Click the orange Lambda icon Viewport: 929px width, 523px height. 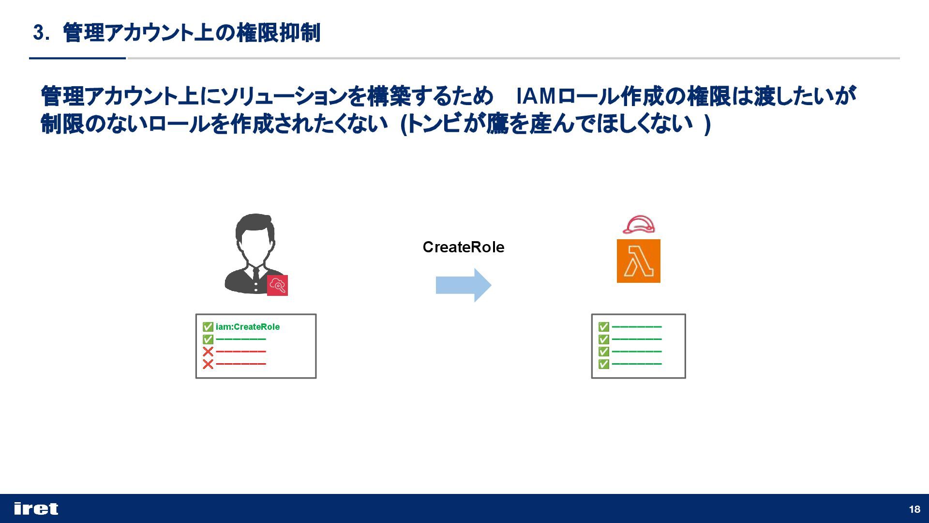coord(638,261)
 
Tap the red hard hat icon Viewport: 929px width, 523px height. coord(639,225)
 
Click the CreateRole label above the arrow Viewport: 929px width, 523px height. coord(463,247)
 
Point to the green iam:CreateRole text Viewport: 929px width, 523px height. coord(248,327)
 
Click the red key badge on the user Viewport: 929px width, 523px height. coord(277,285)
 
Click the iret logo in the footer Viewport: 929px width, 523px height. coord(36,508)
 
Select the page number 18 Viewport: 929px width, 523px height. coord(914,509)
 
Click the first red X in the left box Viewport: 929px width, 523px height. coord(208,352)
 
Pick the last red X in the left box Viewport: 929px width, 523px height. coord(208,364)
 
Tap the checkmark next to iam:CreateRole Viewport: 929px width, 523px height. coord(208,327)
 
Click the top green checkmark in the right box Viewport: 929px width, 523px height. coord(603,327)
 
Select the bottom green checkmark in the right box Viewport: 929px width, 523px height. coord(603,364)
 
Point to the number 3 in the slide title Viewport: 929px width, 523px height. coord(38,33)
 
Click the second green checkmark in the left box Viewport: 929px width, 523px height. coord(208,339)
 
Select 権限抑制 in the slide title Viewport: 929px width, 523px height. coord(278,33)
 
